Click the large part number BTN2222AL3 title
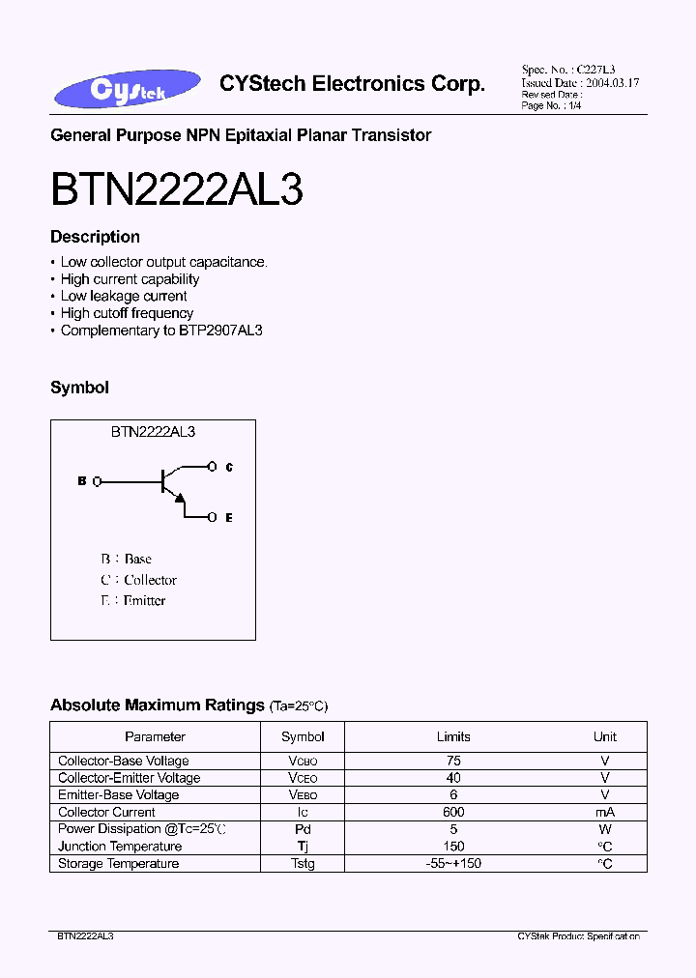tap(177, 190)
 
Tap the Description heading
tap(95, 237)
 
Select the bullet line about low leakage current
tap(124, 296)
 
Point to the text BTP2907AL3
tap(220, 331)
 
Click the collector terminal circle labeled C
tap(212, 467)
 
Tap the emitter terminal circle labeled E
tap(212, 518)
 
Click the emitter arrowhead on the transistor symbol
tap(179, 497)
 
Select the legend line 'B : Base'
tap(126, 559)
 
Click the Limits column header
tap(453, 736)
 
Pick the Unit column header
tap(604, 736)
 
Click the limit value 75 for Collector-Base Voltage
tap(453, 762)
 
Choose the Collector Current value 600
tap(453, 812)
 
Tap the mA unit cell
tap(604, 812)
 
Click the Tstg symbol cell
tap(303, 863)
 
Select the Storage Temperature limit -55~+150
tap(453, 863)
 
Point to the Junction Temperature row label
tap(120, 847)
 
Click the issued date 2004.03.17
tap(611, 83)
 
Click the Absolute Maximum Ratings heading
tap(157, 705)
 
